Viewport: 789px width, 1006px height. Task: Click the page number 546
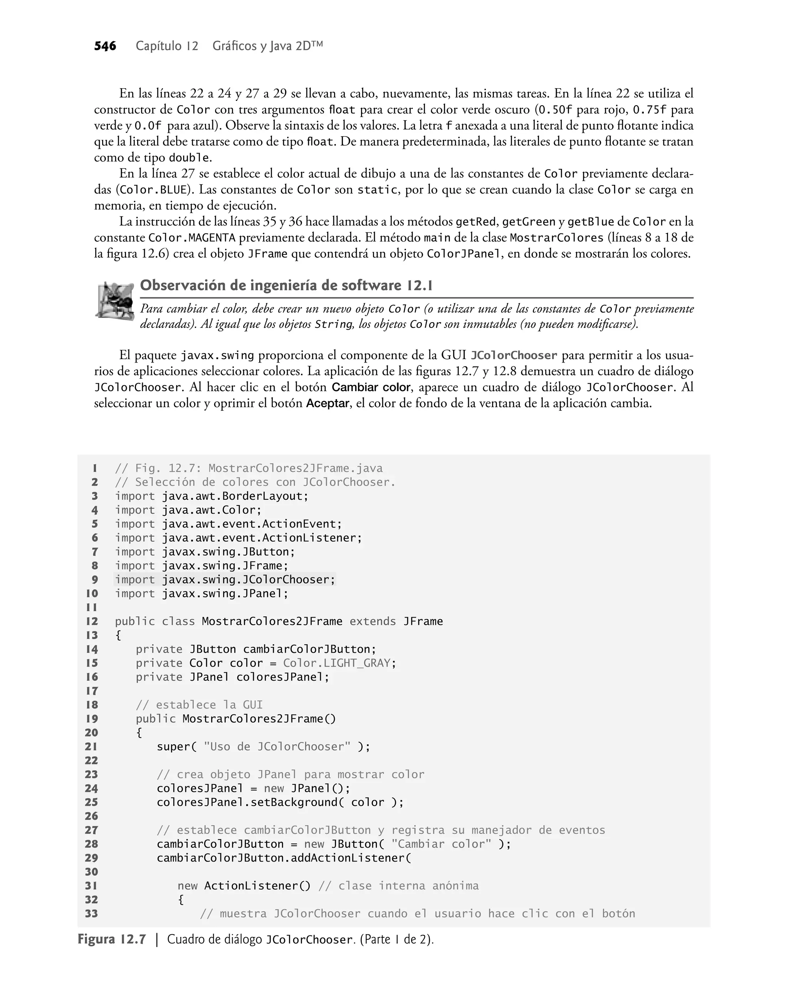click(x=105, y=46)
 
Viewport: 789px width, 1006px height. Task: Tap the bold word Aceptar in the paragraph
click(x=327, y=404)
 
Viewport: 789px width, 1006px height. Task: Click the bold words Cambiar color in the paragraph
click(x=371, y=388)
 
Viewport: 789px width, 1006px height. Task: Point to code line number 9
click(x=94, y=580)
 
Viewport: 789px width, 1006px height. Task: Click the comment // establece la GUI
click(x=199, y=705)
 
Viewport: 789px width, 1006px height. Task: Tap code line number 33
click(x=91, y=914)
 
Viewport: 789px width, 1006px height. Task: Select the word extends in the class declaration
click(x=372, y=622)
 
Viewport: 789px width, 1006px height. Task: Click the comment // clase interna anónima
click(x=398, y=886)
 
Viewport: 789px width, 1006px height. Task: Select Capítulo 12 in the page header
click(x=167, y=46)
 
